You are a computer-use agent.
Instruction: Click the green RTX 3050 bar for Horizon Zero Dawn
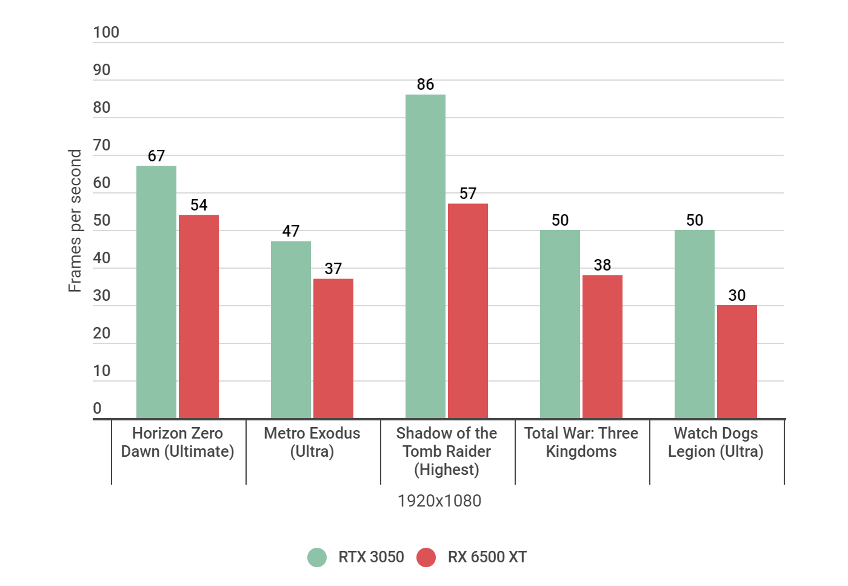coord(156,292)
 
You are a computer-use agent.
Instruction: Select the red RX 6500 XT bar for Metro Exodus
coord(333,348)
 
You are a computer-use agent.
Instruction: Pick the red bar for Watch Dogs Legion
coord(737,362)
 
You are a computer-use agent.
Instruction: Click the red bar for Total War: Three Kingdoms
coord(603,346)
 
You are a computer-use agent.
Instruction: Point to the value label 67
coord(156,156)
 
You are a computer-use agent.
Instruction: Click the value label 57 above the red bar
coord(468,194)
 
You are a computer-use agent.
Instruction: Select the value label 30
coord(737,295)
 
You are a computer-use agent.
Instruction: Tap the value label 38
coord(603,265)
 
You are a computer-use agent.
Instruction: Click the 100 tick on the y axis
coord(106,33)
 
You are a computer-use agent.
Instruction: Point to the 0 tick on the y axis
coord(97,409)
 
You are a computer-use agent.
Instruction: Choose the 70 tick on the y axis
coord(102,146)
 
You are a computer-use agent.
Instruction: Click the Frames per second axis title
coord(75,221)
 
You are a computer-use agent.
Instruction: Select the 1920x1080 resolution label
coord(439,501)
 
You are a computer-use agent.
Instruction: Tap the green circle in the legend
coord(317,557)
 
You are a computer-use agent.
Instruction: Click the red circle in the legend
coord(426,557)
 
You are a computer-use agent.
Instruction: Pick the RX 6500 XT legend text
coord(487,557)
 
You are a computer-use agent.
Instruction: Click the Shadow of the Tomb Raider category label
coord(447,451)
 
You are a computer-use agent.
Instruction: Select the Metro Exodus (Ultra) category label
coord(312,442)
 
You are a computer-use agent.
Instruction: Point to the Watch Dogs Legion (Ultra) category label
coord(716,442)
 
